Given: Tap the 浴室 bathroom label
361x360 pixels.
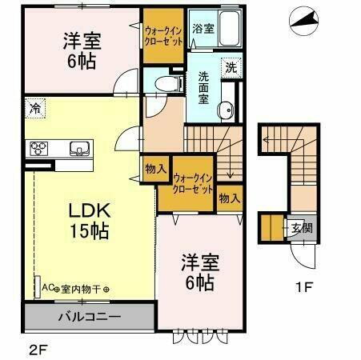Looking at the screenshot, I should [203, 29].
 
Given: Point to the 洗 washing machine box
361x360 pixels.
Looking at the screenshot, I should [229, 67].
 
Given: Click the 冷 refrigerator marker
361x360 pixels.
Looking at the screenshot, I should [35, 106].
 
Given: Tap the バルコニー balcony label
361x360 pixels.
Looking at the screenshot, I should [89, 318].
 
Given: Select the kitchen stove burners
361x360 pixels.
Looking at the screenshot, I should [41, 148].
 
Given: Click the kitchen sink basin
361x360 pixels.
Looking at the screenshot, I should [80, 148].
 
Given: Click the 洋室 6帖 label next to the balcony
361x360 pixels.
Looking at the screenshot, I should [198, 272].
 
